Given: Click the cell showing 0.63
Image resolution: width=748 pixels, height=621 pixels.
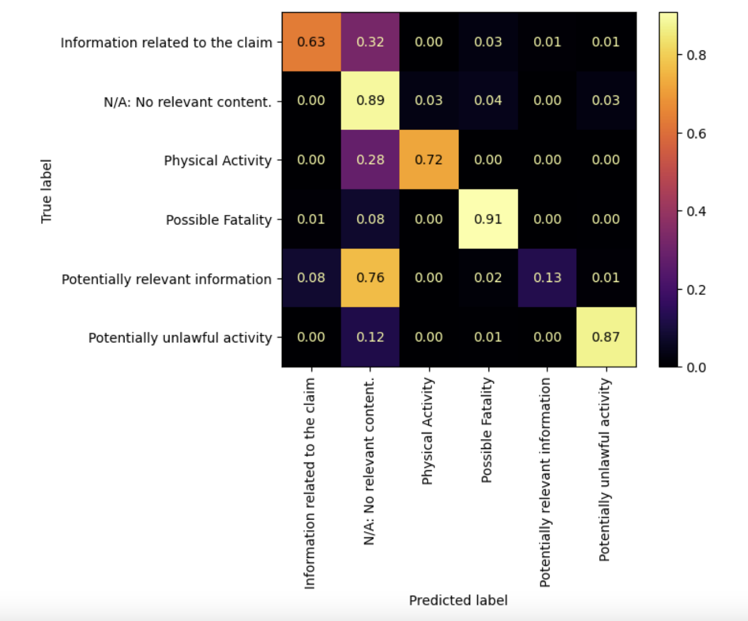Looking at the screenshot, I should [x=311, y=42].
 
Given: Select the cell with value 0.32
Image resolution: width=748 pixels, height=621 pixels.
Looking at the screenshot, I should [x=370, y=42].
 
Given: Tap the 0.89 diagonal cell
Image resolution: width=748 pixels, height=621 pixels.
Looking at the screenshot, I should [x=370, y=101].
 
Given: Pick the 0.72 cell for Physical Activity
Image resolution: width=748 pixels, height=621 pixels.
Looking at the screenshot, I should [x=429, y=160].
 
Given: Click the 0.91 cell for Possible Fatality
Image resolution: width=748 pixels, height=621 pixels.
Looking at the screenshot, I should [x=488, y=219].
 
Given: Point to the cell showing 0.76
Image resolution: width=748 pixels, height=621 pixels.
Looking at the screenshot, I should [x=370, y=278].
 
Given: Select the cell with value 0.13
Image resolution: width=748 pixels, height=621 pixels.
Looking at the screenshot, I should [x=547, y=278].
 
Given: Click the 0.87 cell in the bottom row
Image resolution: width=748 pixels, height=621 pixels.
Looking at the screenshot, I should [x=606, y=337].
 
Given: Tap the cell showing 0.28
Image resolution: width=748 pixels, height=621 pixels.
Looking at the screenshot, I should [x=370, y=160].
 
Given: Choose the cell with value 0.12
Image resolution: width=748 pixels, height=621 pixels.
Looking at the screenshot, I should [x=370, y=337].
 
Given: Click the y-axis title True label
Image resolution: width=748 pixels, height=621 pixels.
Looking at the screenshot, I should [x=47, y=191].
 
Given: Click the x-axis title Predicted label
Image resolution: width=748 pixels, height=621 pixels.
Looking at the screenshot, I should [x=458, y=601].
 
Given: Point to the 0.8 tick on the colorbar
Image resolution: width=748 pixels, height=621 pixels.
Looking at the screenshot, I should [x=696, y=55].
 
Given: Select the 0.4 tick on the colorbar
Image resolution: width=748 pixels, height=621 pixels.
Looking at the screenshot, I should [x=696, y=211].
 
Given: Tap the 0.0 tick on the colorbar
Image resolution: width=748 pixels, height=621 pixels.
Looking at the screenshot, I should [x=696, y=367].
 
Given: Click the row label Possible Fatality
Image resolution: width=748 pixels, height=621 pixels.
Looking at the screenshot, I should [x=219, y=220].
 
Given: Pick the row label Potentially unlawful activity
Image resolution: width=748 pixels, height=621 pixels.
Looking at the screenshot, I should [x=180, y=338].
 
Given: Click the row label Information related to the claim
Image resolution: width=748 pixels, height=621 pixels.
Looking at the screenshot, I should [x=166, y=43].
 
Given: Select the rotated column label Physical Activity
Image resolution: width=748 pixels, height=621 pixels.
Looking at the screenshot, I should [x=428, y=431].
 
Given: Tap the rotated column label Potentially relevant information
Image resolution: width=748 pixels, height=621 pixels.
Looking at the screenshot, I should [x=545, y=482].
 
